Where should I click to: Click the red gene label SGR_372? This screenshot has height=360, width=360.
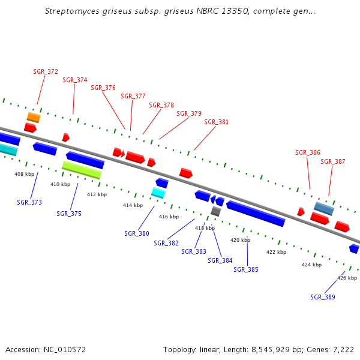(46, 71)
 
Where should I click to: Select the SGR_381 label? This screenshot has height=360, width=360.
(217, 122)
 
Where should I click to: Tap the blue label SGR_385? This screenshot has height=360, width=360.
(246, 269)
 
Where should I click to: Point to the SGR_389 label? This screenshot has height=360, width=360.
(323, 297)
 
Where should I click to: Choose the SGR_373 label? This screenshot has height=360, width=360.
(29, 202)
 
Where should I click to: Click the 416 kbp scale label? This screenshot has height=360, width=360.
(169, 217)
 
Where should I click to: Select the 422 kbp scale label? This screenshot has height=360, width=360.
(276, 252)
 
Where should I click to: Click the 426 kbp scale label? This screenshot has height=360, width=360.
(347, 278)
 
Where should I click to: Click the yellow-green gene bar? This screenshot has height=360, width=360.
(82, 170)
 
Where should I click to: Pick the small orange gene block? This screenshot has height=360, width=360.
(33, 117)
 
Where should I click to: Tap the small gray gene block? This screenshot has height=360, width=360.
(216, 211)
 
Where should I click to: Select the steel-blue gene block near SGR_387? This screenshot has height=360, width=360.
(324, 208)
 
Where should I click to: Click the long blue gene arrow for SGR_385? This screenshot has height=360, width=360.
(255, 214)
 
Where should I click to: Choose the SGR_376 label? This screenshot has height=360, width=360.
(103, 88)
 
